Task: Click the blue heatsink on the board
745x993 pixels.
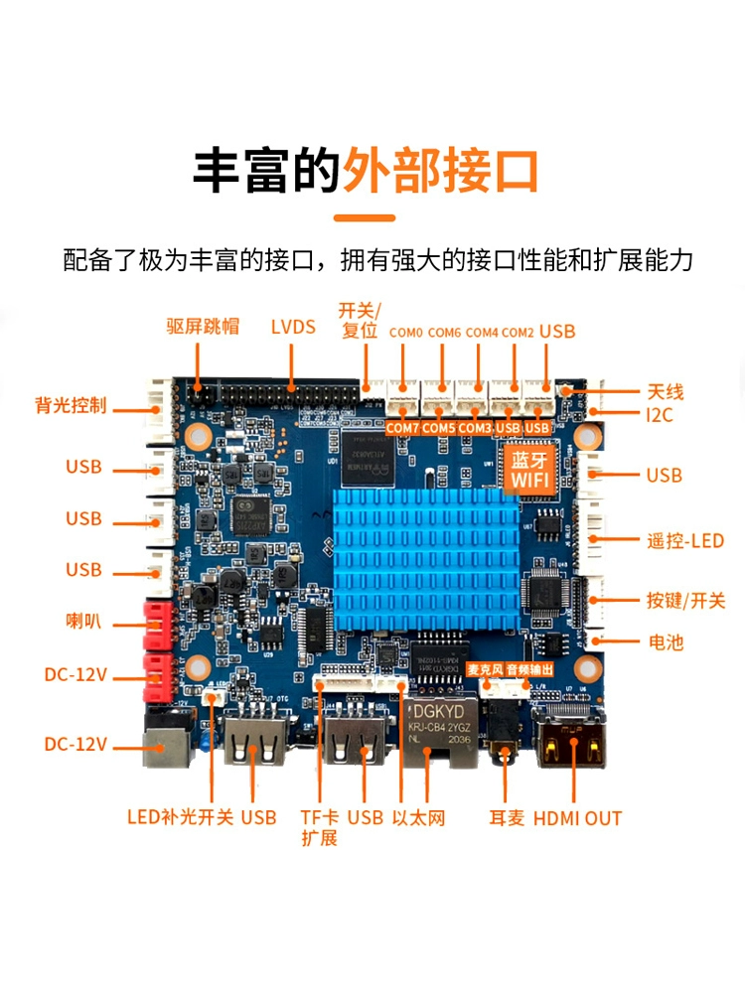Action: (426, 560)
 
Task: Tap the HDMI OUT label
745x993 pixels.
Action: (577, 818)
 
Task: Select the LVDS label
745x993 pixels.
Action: (293, 327)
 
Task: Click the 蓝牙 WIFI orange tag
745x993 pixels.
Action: (529, 470)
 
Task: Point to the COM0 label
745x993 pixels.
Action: (405, 333)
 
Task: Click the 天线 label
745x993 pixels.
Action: (666, 392)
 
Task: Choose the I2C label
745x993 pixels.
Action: (659, 415)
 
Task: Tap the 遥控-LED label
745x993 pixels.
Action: (684, 541)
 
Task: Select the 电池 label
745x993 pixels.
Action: (666, 642)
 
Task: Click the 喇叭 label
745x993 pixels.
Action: (83, 621)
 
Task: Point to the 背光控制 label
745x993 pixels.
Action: (71, 405)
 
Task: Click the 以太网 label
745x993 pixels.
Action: (418, 817)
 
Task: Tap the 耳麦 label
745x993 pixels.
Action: (507, 818)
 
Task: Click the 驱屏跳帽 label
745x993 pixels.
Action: (203, 326)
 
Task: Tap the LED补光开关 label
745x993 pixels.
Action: (181, 817)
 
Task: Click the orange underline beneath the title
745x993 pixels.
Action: (365, 217)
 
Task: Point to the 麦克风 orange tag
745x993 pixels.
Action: (486, 669)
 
